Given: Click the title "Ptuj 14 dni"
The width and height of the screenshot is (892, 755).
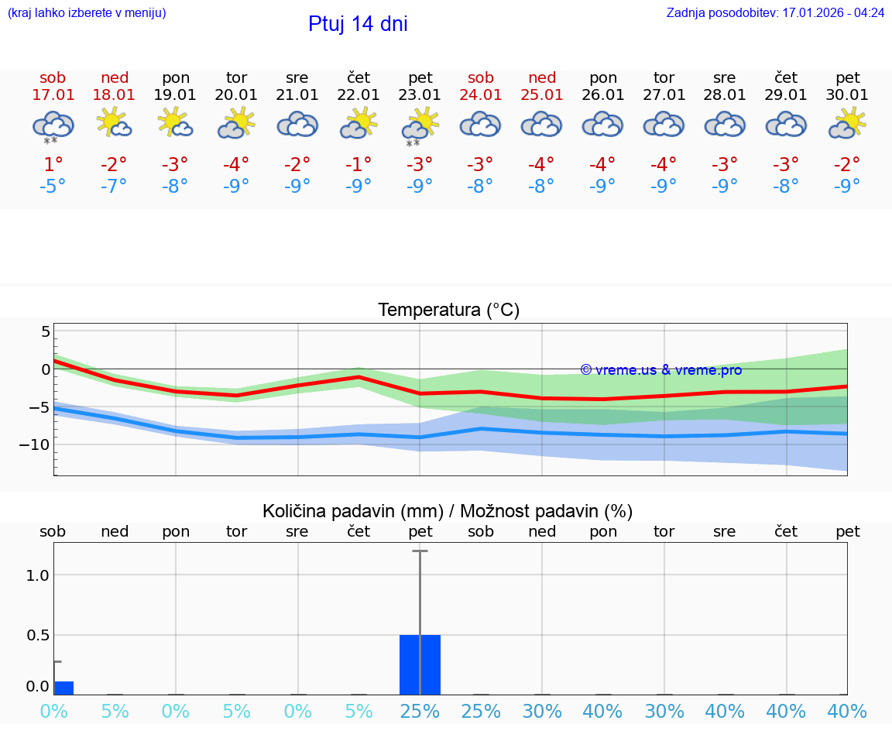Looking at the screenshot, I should point(358,24).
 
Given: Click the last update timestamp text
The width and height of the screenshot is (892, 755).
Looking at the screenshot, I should point(775,13).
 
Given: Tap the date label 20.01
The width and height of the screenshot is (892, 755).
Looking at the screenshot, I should point(236,95).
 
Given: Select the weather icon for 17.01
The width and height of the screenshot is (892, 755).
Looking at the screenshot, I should point(53,125).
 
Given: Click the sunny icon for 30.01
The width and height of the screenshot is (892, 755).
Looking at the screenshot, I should point(847,123).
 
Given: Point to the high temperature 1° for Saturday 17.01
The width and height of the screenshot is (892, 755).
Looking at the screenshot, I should point(53,164).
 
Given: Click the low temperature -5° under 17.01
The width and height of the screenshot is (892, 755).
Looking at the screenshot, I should point(53,187).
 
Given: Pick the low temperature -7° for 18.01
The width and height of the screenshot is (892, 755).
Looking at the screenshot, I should point(114,187).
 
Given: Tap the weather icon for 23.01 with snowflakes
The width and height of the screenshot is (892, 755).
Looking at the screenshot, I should point(420,125).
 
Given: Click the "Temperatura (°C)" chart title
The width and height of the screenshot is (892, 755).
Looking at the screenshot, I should point(448,311).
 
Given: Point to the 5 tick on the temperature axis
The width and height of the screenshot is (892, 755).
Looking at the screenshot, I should point(45,331).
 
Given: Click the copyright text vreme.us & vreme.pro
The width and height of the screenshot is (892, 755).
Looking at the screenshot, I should point(661,370).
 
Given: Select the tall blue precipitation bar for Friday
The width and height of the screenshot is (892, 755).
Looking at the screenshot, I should point(420,664).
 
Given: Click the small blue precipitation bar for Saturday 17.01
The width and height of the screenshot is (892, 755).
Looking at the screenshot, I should point(63,688).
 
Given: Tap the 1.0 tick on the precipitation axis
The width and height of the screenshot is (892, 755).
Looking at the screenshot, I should point(38,575).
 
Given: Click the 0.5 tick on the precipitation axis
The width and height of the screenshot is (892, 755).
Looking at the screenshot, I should point(38,635).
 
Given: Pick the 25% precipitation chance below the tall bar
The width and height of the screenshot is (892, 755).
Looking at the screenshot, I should point(420,711).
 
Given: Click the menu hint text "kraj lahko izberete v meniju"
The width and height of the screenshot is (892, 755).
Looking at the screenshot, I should point(87,13).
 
